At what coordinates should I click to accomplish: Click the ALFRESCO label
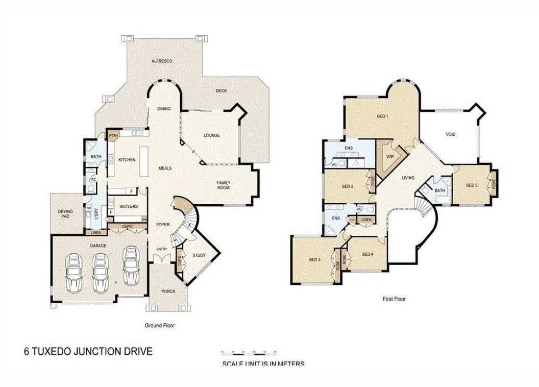[162, 61]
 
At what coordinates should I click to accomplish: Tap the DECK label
[221, 91]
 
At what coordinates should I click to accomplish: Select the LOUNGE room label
[212, 135]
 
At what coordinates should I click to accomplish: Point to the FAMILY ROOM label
[223, 185]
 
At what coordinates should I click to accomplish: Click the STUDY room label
[199, 255]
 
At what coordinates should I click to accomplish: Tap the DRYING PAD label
[65, 214]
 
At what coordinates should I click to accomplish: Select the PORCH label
[168, 292]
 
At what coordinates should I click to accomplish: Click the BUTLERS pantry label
[129, 206]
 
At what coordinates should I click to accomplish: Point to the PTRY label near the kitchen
[113, 136]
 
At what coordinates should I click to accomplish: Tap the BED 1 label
[382, 116]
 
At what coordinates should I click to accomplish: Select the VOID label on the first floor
[450, 135]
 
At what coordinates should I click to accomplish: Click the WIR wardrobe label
[390, 157]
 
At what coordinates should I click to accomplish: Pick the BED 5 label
[472, 185]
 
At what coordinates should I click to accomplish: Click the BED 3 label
[314, 259]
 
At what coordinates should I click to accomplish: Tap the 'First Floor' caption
[394, 299]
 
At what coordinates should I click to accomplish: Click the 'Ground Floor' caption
[160, 325]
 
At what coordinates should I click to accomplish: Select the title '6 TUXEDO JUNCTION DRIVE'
[88, 351]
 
